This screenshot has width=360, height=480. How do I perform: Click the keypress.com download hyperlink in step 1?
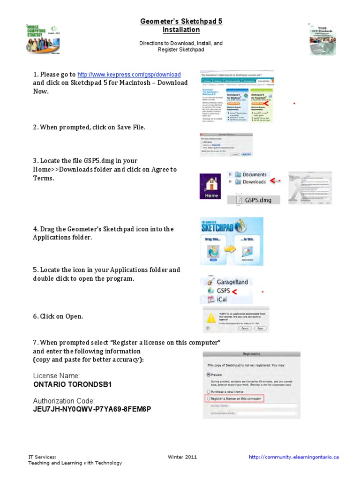click(x=129, y=75)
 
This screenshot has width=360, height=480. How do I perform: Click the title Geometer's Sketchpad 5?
click(x=181, y=22)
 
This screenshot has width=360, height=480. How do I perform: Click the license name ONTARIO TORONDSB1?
click(x=73, y=384)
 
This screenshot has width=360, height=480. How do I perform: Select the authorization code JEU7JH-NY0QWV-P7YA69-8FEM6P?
click(x=92, y=409)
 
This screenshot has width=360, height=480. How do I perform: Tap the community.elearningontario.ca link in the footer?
click(x=293, y=457)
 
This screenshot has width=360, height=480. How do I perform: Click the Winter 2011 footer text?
click(x=182, y=457)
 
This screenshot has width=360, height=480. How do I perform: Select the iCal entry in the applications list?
click(x=223, y=299)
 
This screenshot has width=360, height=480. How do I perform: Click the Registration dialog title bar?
click(x=252, y=354)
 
